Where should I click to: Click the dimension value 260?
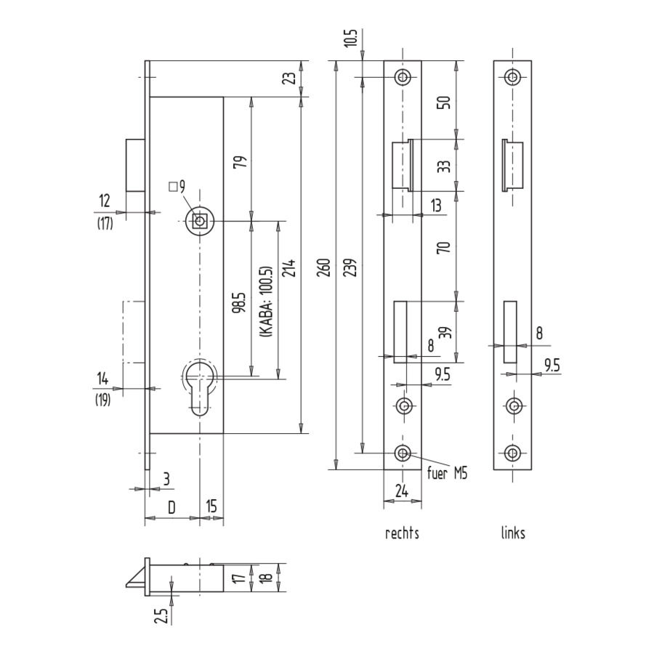pyautogui.click(x=324, y=267)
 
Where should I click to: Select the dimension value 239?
pyautogui.click(x=351, y=267)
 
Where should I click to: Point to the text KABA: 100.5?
pyautogui.click(x=266, y=301)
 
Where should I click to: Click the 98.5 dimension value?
pyautogui.click(x=241, y=303)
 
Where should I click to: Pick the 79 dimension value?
pyautogui.click(x=241, y=162)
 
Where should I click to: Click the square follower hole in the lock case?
pyautogui.click(x=200, y=221)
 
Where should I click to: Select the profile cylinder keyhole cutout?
pyautogui.click(x=200, y=387)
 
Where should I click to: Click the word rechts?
pyautogui.click(x=402, y=533)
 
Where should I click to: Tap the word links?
pyautogui.click(x=513, y=533)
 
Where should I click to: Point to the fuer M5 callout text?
pyautogui.click(x=447, y=473)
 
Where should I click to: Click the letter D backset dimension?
pyautogui.click(x=171, y=507)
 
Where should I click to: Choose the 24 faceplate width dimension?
pyautogui.click(x=402, y=491)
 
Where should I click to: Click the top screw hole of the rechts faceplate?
pyautogui.click(x=403, y=77)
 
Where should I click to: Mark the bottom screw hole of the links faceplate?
pyautogui.click(x=512, y=453)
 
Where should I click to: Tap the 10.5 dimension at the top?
pyautogui.click(x=352, y=39)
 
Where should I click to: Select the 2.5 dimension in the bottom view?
pyautogui.click(x=163, y=616)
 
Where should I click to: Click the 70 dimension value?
pyautogui.click(x=445, y=247)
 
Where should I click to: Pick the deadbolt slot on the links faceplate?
pyautogui.click(x=510, y=331)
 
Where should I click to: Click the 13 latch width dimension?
pyautogui.click(x=435, y=205)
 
